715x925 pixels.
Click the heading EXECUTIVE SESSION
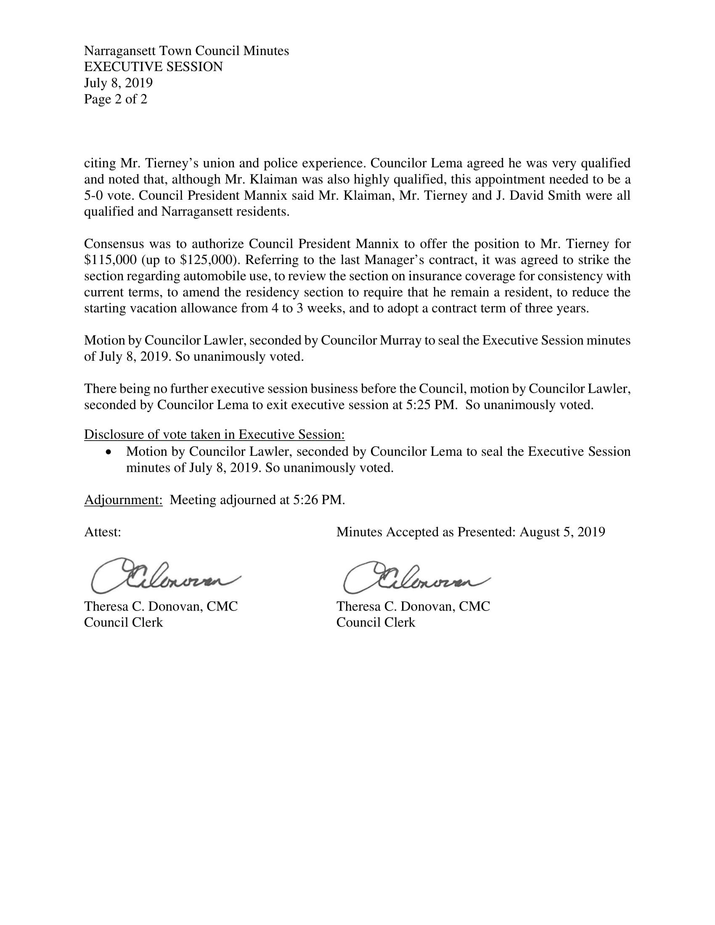[x=154, y=67]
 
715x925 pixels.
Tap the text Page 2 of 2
[x=116, y=99]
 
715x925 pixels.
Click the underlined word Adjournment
[x=123, y=500]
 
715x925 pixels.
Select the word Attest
[x=103, y=532]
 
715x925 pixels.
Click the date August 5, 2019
[x=562, y=532]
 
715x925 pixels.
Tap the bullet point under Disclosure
[x=110, y=452]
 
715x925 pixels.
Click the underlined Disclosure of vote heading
[x=214, y=435]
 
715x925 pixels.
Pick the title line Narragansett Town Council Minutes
[x=186, y=51]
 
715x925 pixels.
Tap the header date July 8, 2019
[x=118, y=83]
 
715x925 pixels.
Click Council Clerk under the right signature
[x=376, y=622]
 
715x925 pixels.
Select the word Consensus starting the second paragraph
[x=111, y=244]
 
